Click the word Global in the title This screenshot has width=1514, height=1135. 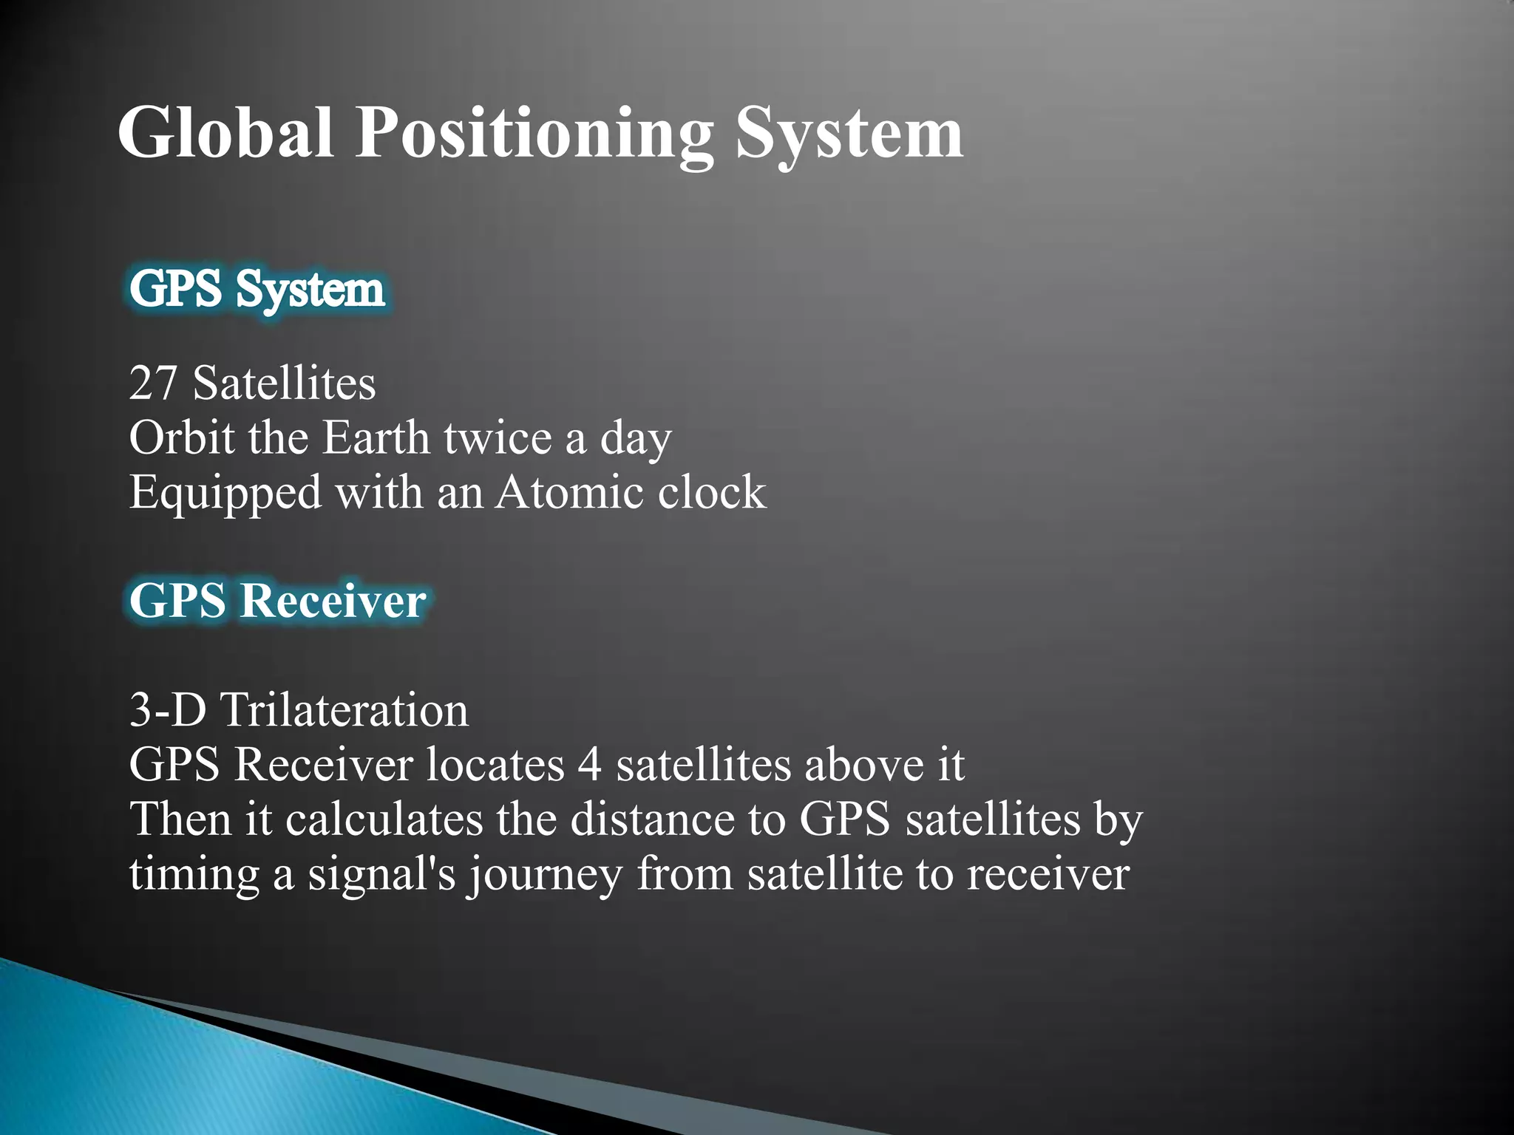click(225, 133)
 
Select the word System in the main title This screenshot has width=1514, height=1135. click(849, 133)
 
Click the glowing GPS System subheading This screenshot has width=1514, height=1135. click(257, 289)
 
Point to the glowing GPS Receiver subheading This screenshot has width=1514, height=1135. click(277, 600)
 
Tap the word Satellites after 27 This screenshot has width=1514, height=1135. click(285, 384)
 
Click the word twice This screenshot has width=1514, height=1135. click(497, 438)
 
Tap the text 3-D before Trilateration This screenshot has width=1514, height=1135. click(169, 710)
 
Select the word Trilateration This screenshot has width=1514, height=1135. click(344, 710)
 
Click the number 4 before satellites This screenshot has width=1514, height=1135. click(589, 765)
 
